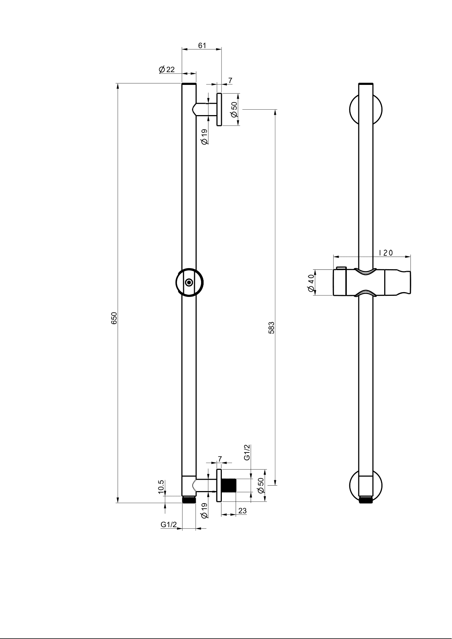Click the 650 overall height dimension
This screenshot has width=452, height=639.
click(x=114, y=318)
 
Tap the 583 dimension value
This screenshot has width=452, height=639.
click(x=271, y=328)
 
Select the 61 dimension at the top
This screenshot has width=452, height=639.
click(x=202, y=46)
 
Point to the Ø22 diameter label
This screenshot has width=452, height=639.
click(x=167, y=70)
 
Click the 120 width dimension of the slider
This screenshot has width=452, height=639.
click(x=386, y=253)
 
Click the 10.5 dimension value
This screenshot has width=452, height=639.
click(x=161, y=487)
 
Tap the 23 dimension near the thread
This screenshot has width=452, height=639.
click(x=242, y=511)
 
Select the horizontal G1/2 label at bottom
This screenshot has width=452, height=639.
click(x=169, y=525)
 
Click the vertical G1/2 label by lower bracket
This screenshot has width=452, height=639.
click(x=247, y=452)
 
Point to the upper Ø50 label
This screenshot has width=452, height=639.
click(x=234, y=109)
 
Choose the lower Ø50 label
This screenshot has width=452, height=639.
click(x=260, y=486)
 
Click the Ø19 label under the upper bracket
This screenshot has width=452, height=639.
click(x=204, y=137)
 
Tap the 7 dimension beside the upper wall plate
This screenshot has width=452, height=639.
click(x=230, y=80)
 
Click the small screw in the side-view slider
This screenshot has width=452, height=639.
click(x=189, y=282)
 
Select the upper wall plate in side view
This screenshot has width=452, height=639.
click(x=219, y=109)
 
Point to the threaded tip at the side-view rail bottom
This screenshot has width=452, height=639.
click(x=189, y=499)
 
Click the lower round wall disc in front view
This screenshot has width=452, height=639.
click(x=366, y=486)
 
